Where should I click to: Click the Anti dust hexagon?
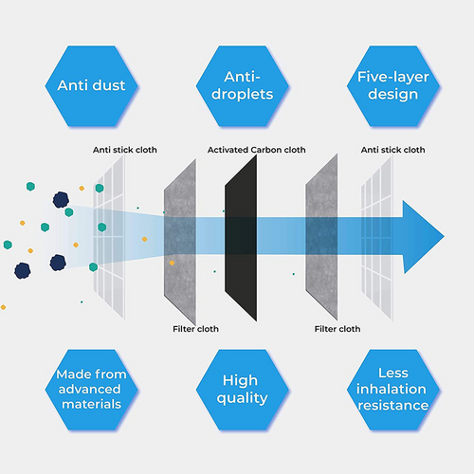point(91,86)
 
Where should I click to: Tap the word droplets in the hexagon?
point(243,95)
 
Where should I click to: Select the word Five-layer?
point(393,77)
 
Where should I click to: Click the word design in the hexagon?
point(393,95)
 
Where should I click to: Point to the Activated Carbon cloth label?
point(256,150)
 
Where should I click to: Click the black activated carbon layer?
point(241,238)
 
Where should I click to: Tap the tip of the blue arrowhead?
point(444,236)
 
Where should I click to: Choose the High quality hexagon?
point(243,390)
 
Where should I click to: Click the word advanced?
point(90,390)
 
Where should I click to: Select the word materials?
point(91,404)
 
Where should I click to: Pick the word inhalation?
point(392,389)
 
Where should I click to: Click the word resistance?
point(393,405)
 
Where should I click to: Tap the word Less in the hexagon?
point(393,374)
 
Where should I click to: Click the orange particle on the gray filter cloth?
point(172,263)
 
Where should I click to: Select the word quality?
point(243,398)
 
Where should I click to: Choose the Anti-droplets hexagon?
point(243,86)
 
